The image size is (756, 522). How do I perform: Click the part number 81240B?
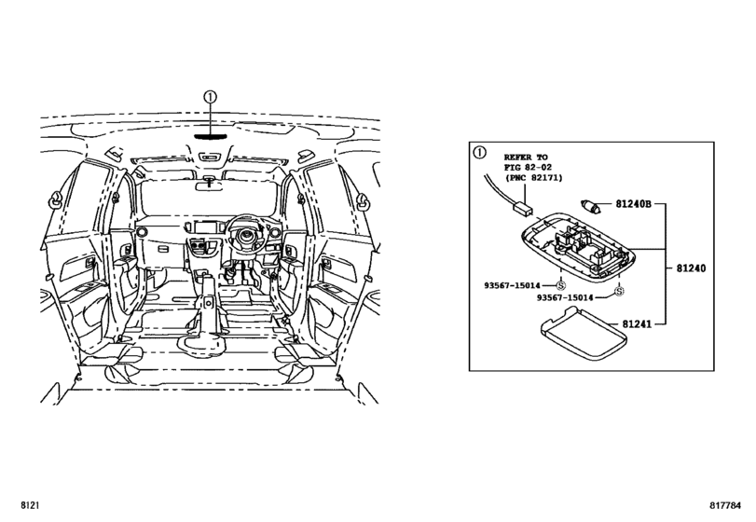tap(633, 204)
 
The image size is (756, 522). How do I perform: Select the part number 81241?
tap(637, 324)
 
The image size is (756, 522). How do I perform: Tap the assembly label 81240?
tap(691, 268)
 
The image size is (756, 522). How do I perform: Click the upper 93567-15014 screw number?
tap(512, 286)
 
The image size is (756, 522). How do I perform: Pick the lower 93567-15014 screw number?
tap(565, 298)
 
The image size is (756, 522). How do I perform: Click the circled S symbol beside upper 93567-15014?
tap(561, 285)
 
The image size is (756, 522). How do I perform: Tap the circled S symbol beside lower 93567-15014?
tap(619, 291)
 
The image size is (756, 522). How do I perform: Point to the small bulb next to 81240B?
tap(590, 206)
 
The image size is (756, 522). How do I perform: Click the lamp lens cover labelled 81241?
tap(584, 335)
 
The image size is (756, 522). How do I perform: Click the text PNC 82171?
tap(536, 178)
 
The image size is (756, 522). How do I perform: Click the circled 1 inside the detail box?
tap(480, 153)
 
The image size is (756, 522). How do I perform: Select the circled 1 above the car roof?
tap(211, 97)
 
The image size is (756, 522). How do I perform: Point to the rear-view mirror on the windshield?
tap(209, 185)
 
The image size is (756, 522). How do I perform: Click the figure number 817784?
tap(724, 505)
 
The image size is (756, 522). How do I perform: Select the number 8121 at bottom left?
tap(30, 505)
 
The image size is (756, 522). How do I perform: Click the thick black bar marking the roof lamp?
tap(211, 136)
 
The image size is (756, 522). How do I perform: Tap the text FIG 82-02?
tap(528, 167)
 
